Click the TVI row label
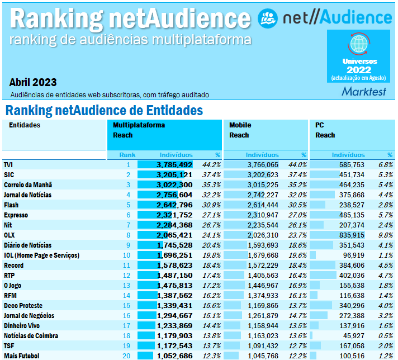(8, 165)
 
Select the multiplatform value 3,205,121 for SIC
(174, 175)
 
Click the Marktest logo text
(363, 91)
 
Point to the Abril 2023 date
(33, 82)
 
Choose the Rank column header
(127, 155)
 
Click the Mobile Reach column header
(240, 130)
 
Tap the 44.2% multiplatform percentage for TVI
(211, 165)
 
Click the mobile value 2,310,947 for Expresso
(262, 215)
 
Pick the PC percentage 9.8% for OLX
(385, 235)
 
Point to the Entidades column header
(25, 125)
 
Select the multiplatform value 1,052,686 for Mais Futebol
(174, 356)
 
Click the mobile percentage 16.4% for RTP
(297, 276)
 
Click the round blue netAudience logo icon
(267, 18)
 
